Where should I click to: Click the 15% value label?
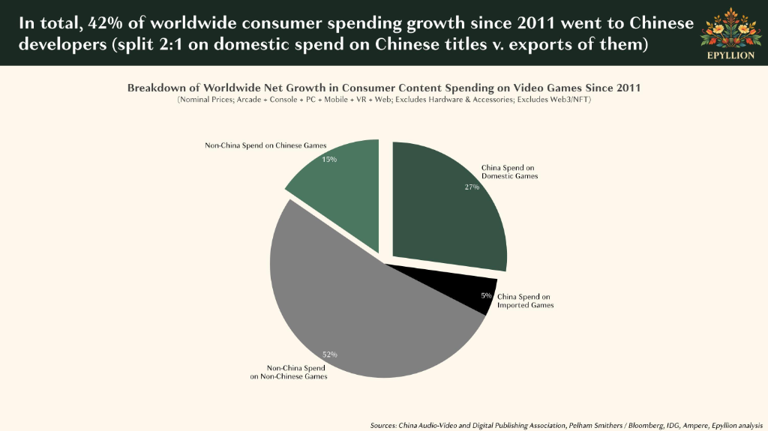(329, 159)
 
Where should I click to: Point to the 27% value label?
(472, 187)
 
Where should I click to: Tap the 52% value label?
(330, 355)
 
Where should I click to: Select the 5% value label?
(486, 296)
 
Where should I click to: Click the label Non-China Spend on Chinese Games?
(265, 145)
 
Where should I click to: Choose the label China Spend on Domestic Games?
(509, 172)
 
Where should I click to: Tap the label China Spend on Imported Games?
(526, 301)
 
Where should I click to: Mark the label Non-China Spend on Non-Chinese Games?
(289, 373)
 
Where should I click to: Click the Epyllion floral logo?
(730, 28)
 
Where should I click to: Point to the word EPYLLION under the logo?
(730, 55)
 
